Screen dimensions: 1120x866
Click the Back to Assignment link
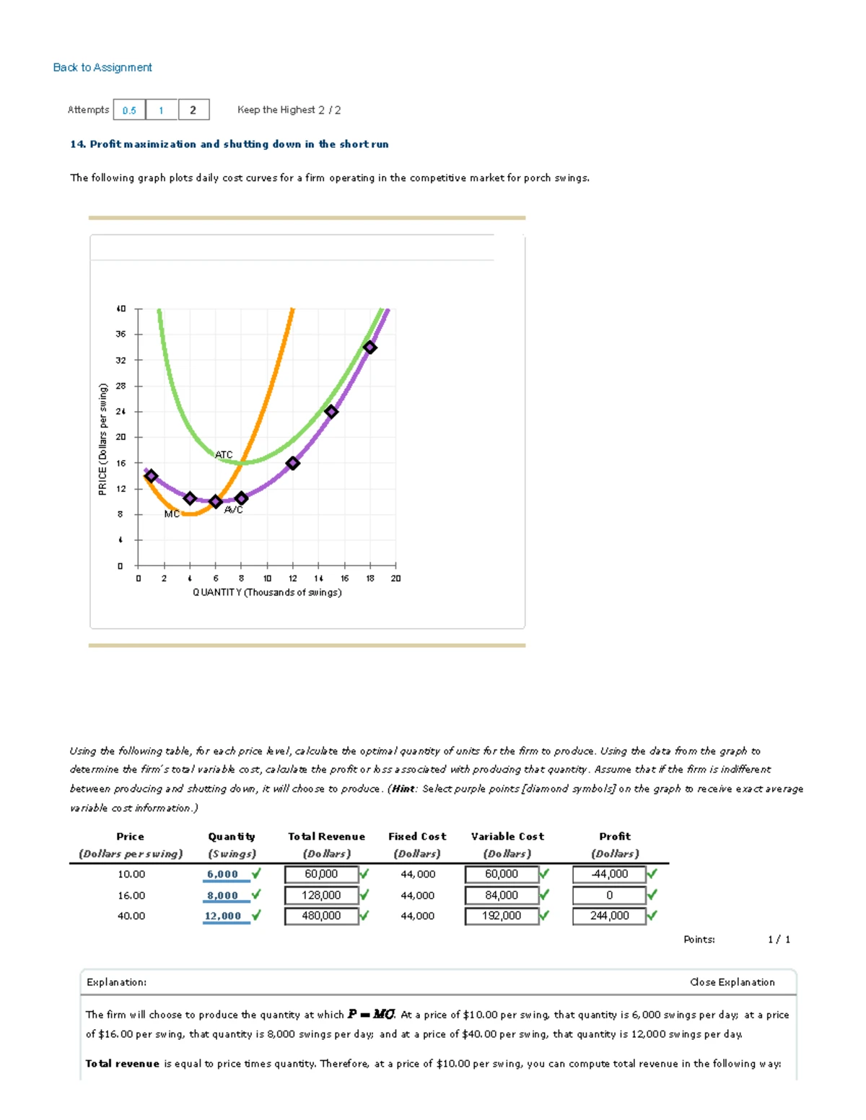[x=102, y=67]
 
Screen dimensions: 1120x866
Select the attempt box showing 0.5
[x=129, y=110]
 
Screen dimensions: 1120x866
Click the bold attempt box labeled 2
[x=193, y=110]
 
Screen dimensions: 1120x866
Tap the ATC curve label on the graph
[x=224, y=454]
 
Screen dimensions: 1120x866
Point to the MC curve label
[x=172, y=513]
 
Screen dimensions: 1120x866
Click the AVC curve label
[x=234, y=510]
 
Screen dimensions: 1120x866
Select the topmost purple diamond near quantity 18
[x=370, y=348]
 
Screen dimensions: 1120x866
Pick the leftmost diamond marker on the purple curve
[x=151, y=476]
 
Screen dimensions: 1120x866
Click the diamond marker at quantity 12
[x=293, y=463]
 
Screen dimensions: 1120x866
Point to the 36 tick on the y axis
[x=121, y=334]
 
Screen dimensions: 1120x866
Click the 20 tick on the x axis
[x=395, y=578]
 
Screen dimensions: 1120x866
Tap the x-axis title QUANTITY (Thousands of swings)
[x=267, y=592]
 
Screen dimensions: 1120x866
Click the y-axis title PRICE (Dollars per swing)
[x=102, y=439]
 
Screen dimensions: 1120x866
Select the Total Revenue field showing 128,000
[x=322, y=895]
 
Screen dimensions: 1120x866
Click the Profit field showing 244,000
[x=609, y=916]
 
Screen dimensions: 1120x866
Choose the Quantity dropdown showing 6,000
[x=223, y=874]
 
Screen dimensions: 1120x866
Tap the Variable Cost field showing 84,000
[x=502, y=895]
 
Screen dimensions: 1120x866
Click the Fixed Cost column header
[x=417, y=837]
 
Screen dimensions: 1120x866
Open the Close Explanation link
[x=732, y=982]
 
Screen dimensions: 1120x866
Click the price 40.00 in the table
[x=131, y=916]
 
